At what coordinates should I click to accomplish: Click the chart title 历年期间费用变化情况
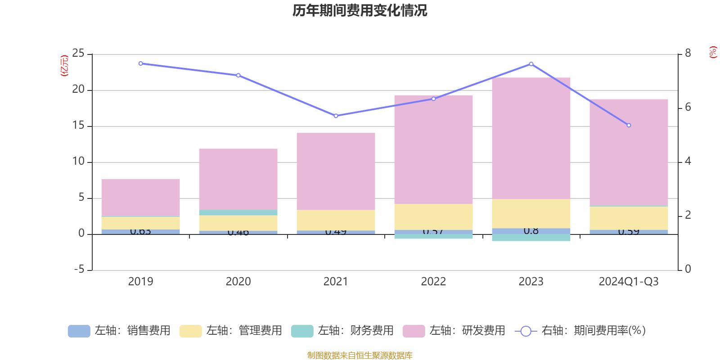(x=360, y=10)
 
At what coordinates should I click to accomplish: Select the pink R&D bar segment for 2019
(x=140, y=198)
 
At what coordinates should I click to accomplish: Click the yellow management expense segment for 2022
(x=433, y=217)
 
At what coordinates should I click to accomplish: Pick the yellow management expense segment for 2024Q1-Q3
(x=629, y=218)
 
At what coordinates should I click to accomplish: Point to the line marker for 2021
(x=336, y=116)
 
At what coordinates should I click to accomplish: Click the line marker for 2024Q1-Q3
(x=629, y=125)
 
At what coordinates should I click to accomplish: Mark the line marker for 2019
(x=140, y=63)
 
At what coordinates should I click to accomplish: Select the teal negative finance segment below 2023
(x=531, y=238)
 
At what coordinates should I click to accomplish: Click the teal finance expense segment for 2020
(x=238, y=212)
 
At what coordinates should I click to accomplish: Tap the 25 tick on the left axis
(x=78, y=54)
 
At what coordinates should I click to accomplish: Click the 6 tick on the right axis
(x=688, y=107)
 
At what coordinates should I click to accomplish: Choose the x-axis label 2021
(x=336, y=282)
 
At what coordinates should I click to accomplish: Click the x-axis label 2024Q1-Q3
(x=629, y=282)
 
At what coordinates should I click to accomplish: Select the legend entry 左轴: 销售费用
(x=120, y=331)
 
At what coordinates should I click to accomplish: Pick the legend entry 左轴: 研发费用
(x=454, y=331)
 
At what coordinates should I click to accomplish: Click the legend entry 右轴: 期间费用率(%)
(x=580, y=331)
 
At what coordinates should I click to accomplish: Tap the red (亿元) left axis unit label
(x=64, y=66)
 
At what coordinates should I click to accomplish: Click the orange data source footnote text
(x=360, y=355)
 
